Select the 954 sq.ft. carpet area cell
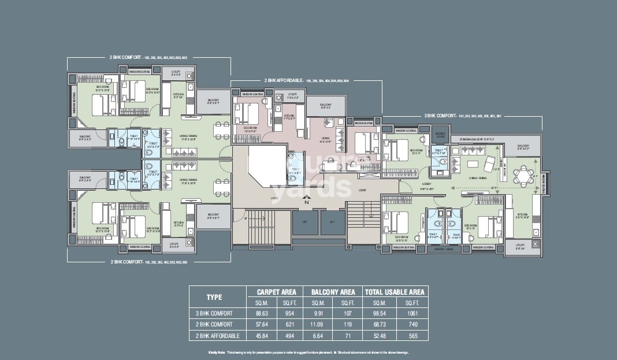click(x=289, y=313)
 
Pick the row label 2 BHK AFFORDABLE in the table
click(x=216, y=336)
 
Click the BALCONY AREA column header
click(x=332, y=292)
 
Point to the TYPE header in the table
click(x=214, y=297)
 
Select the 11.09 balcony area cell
click(x=319, y=325)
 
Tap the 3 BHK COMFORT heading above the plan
click(x=440, y=116)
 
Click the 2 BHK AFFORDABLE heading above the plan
click(x=283, y=81)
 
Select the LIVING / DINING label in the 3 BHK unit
click(x=477, y=178)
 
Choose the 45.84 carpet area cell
click(x=261, y=336)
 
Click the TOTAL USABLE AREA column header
click(x=395, y=292)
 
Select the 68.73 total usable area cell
click(x=379, y=325)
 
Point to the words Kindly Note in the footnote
click(x=216, y=352)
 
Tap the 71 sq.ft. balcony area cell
click(x=347, y=336)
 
